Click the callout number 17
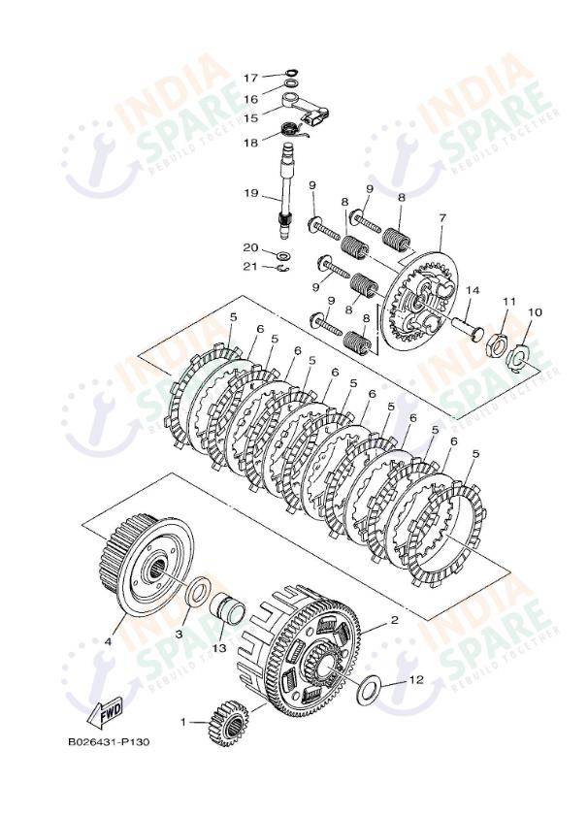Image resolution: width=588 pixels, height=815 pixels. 250,78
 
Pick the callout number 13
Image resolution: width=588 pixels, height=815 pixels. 219,648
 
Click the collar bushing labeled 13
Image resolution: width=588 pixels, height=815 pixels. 227,609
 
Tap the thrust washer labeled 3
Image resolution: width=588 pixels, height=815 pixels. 198,591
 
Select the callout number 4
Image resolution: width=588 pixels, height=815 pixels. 108,641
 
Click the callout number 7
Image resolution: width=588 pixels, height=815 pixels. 441,217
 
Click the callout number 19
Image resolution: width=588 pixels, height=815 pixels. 250,193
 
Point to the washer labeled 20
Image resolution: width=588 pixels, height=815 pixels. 283,256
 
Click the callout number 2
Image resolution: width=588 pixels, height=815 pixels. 394,619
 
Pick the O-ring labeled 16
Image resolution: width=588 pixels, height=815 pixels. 292,83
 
